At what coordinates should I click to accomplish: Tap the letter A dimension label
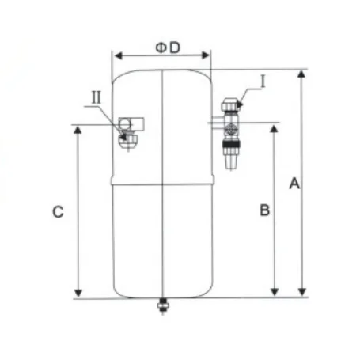(294, 184)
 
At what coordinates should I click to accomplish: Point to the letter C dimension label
(56, 212)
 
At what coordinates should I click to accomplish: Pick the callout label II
(96, 97)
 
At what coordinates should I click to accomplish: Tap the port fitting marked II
(127, 131)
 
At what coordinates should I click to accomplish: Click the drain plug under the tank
(163, 305)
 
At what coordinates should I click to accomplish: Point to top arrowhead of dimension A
(301, 74)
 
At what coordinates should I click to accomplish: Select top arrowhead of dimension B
(274, 127)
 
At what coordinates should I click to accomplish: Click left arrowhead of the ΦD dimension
(115, 56)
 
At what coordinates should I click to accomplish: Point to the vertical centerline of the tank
(162, 237)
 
